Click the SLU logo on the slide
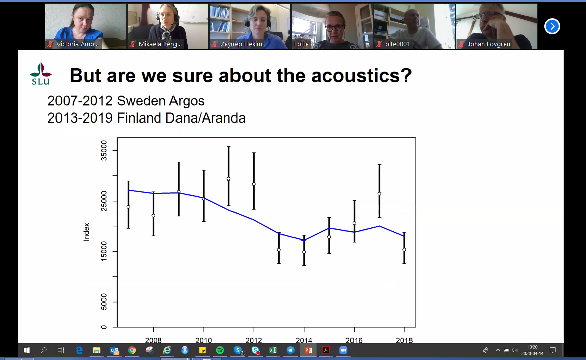click(41, 74)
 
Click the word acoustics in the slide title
click(361, 75)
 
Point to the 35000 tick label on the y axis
click(104, 151)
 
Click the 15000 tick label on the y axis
click(104, 251)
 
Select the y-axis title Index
click(86, 232)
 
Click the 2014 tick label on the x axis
click(304, 340)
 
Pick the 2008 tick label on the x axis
click(153, 340)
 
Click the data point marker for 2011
click(229, 179)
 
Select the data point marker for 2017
click(379, 194)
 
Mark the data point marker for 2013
click(279, 250)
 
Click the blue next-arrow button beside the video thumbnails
click(552, 26)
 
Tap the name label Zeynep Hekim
click(242, 44)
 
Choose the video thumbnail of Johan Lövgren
click(497, 26)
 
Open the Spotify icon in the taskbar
click(220, 350)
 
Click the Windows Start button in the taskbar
click(27, 350)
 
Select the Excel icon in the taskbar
click(273, 350)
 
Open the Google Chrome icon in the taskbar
click(132, 350)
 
